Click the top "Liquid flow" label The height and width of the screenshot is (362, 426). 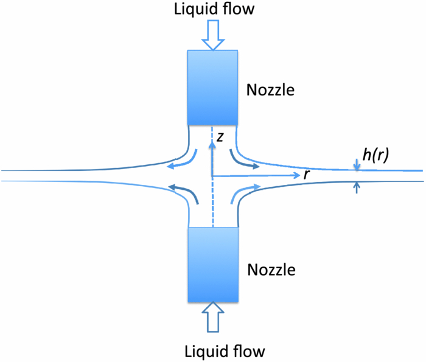click(x=212, y=10)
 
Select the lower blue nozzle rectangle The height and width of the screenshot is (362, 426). click(x=212, y=265)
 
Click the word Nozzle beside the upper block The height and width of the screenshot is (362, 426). click(x=270, y=91)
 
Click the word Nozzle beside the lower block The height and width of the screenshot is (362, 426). click(x=270, y=269)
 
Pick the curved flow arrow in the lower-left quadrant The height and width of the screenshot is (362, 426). click(x=183, y=192)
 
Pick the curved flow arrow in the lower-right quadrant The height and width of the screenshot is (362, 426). click(x=243, y=192)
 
